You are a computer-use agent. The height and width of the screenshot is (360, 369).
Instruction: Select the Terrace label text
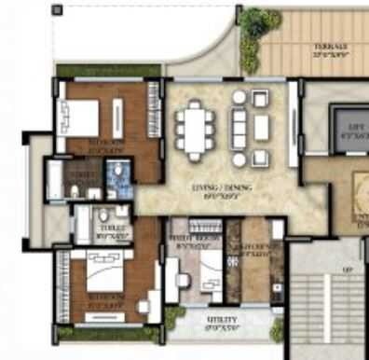point(331,48)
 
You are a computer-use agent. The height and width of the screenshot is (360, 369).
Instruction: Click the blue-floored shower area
point(117,178)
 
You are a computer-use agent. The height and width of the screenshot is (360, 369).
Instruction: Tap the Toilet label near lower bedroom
point(115,235)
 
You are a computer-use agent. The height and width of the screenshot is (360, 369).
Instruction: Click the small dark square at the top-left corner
point(57,10)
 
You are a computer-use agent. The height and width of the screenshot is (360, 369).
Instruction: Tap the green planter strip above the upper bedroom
point(104,70)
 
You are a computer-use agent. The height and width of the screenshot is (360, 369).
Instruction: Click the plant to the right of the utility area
point(277,328)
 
